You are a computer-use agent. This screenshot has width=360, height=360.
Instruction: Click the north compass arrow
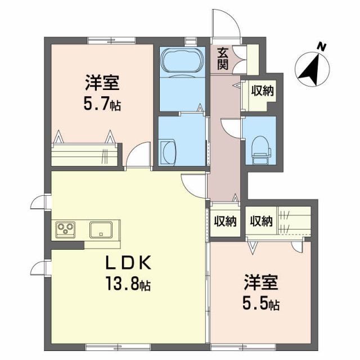click(309, 70)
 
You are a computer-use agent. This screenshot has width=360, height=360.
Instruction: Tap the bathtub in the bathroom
click(181, 60)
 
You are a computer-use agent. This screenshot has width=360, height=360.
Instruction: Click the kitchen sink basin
click(101, 229)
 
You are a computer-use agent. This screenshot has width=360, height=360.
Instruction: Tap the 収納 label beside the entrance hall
click(262, 90)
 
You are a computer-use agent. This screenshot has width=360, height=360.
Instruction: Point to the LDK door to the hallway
click(195, 183)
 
